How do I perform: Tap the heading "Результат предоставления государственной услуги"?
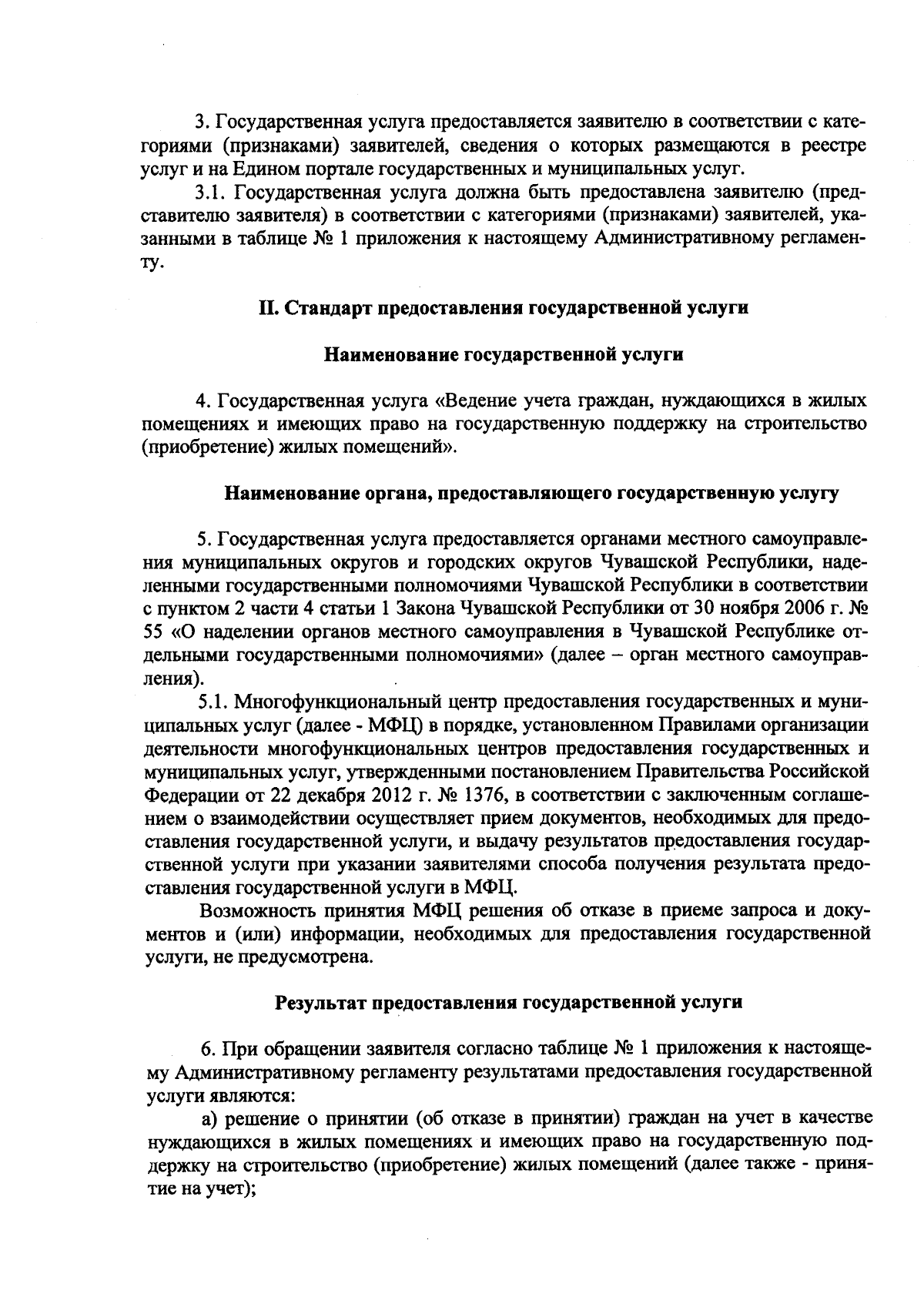click(x=508, y=1003)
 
